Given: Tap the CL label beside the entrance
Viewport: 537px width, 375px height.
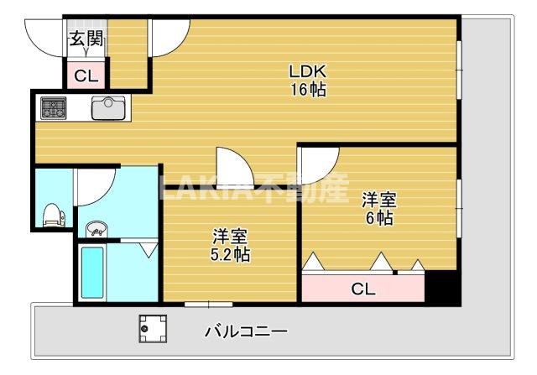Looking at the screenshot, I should tap(86, 76).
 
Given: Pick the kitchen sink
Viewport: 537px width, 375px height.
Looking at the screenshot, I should tap(107, 108).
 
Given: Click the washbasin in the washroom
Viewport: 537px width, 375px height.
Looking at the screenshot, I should tap(96, 227).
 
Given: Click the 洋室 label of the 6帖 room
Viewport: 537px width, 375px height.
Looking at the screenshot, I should tap(378, 200).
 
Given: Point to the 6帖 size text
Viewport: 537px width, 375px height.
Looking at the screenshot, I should tap(378, 218).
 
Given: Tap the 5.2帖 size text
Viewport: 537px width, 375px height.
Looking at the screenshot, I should tap(229, 253).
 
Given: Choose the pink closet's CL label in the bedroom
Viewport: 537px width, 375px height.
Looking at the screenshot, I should tap(362, 289).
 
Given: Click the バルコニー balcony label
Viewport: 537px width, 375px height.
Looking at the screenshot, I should tap(246, 331).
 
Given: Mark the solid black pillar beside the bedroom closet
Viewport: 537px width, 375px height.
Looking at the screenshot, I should tap(441, 286).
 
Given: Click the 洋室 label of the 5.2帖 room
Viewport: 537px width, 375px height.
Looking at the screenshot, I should tap(228, 235).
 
